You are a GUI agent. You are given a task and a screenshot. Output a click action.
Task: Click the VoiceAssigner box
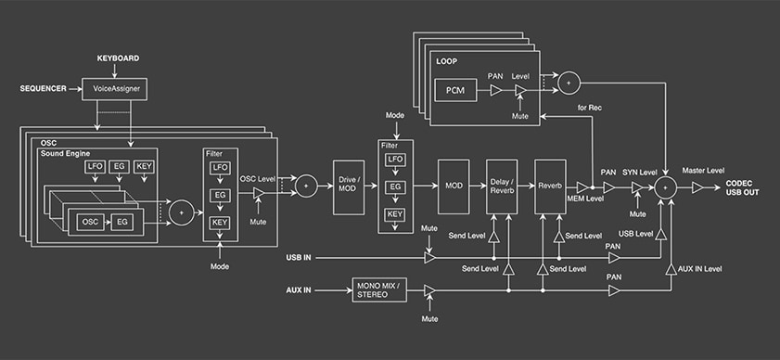(x=114, y=89)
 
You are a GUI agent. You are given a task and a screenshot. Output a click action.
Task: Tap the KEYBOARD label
(x=118, y=58)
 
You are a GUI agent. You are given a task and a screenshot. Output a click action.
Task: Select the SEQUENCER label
(x=43, y=89)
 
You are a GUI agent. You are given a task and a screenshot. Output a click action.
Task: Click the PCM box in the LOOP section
(x=455, y=90)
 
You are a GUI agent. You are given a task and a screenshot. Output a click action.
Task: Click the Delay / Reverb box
(x=502, y=186)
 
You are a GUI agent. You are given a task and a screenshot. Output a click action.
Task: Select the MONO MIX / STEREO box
(x=379, y=289)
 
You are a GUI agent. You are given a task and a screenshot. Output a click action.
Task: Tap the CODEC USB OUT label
(x=742, y=187)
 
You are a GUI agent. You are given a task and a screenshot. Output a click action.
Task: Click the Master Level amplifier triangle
(x=697, y=187)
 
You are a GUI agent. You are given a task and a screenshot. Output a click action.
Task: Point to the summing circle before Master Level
(x=665, y=187)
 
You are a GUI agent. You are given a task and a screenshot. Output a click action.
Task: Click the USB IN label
(x=299, y=258)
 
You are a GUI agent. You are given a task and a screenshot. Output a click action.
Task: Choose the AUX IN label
(x=299, y=289)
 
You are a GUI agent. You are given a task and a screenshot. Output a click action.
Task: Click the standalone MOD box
(x=454, y=186)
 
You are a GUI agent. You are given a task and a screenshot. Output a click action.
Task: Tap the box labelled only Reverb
(x=550, y=186)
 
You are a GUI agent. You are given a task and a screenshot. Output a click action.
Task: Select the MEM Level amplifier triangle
(x=582, y=187)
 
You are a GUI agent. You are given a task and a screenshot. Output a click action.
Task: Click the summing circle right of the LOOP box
(x=567, y=83)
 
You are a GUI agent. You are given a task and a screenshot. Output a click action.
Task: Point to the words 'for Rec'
(x=590, y=108)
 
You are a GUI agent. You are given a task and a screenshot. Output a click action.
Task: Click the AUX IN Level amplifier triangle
(x=671, y=269)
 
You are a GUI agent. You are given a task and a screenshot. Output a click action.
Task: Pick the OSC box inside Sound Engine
(x=91, y=222)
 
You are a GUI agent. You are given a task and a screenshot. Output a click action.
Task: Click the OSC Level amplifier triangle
(x=259, y=194)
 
